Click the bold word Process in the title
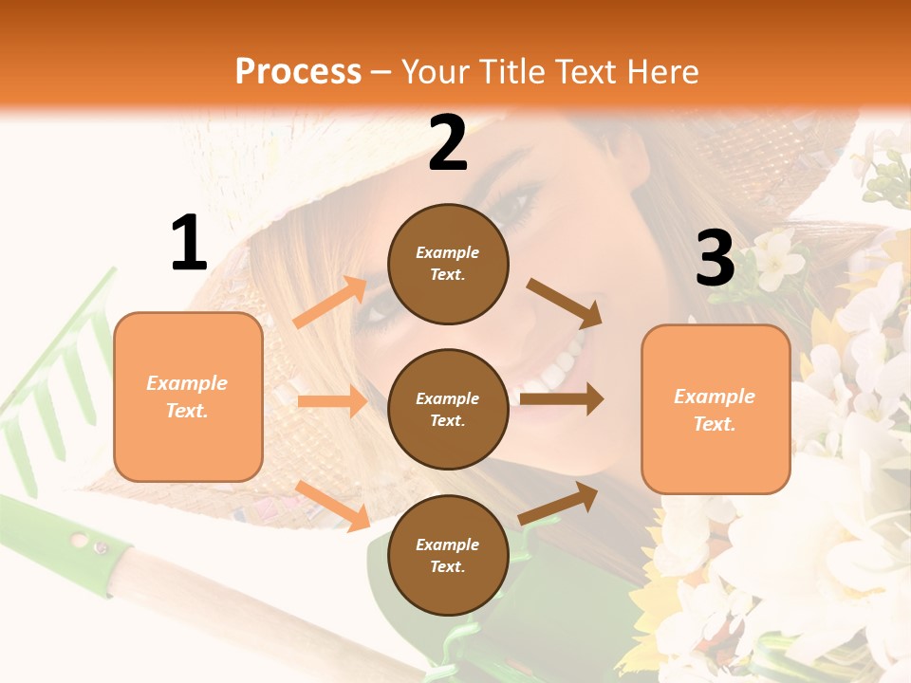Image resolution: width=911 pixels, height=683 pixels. tap(298, 72)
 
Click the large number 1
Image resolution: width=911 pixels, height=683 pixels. tap(188, 243)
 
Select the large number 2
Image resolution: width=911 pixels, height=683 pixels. tap(448, 142)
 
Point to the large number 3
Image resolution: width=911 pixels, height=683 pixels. tap(715, 258)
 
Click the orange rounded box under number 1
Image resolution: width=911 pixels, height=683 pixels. tap(188, 397)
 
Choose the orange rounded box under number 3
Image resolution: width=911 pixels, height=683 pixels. tap(716, 409)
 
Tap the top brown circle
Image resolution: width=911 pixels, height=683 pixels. tap(448, 263)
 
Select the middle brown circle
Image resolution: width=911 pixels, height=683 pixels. tap(448, 409)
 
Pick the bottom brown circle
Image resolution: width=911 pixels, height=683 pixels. tap(448, 555)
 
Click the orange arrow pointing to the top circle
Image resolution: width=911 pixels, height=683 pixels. tap(330, 303)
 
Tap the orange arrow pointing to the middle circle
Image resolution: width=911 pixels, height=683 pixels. tap(332, 401)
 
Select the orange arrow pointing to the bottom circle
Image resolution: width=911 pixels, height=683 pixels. tap(333, 506)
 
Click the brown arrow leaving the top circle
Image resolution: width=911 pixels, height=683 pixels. tap(565, 304)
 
